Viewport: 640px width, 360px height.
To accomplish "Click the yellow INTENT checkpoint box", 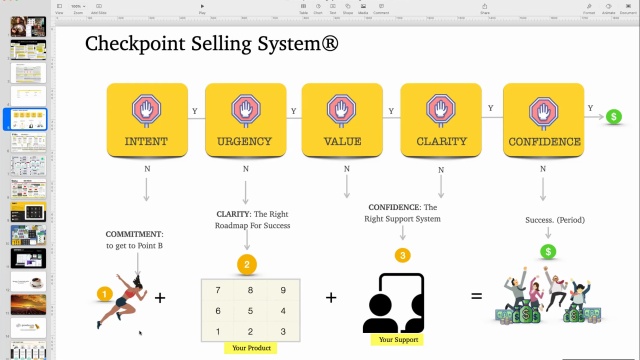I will pyautogui.click(x=147, y=120).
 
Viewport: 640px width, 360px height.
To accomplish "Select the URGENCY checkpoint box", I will pyautogui.click(x=244, y=120).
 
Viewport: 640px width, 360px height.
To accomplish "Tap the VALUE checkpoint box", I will pyautogui.click(x=342, y=120).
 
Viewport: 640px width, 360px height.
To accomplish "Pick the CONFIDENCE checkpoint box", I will pyautogui.click(x=544, y=120).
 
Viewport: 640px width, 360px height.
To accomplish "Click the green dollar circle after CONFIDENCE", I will pyautogui.click(x=612, y=117).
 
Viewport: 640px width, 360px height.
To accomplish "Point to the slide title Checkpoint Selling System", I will pyautogui.click(x=211, y=44).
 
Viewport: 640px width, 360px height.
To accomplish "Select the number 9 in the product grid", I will pyautogui.click(x=283, y=290).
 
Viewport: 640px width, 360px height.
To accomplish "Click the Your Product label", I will pyautogui.click(x=250, y=348).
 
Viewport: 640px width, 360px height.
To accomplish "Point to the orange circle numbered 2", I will pyautogui.click(x=246, y=265).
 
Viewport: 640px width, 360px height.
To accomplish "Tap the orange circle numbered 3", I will pyautogui.click(x=402, y=255).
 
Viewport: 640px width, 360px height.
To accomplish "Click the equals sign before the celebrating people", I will pyautogui.click(x=476, y=297).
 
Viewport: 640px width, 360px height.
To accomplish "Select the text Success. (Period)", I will pyautogui.click(x=555, y=220).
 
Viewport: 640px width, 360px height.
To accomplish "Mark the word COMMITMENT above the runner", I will pyautogui.click(x=134, y=233).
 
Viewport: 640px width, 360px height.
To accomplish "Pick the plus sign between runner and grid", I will pyautogui.click(x=160, y=298).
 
